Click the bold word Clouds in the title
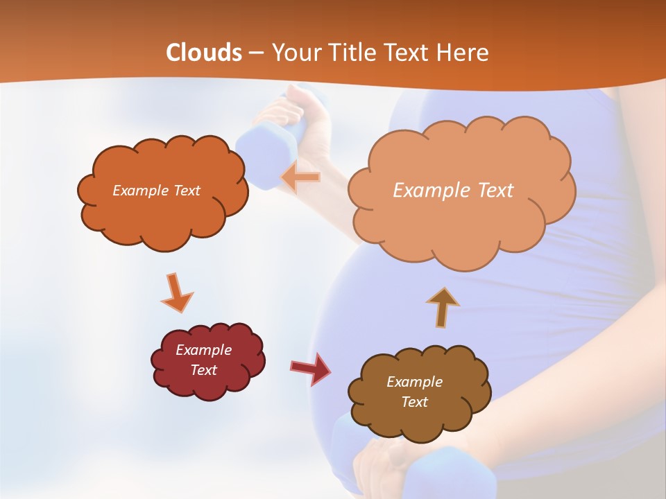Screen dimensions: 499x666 [x=204, y=53]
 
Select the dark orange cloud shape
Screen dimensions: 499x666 [x=162, y=215]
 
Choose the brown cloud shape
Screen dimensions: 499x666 [x=416, y=416]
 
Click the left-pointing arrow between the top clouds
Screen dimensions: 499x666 [x=301, y=177]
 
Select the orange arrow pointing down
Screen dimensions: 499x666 [x=176, y=292]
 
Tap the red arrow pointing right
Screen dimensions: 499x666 [x=311, y=368]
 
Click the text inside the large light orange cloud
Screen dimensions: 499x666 [x=453, y=191]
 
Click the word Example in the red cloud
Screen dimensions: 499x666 [x=204, y=350]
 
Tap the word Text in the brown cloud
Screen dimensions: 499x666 [x=414, y=403]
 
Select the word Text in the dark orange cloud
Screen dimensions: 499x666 [x=185, y=191]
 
